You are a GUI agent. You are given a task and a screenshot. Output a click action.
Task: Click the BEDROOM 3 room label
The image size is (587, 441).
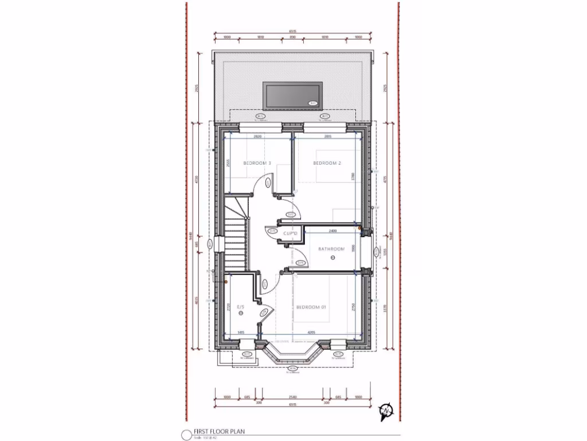click(x=257, y=164)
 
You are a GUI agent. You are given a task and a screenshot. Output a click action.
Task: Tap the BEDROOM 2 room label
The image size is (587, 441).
click(x=327, y=164)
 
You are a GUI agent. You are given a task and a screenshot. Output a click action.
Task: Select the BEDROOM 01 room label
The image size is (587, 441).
click(x=311, y=307)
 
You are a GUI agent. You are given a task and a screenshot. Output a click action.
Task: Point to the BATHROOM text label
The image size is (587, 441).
click(x=332, y=249)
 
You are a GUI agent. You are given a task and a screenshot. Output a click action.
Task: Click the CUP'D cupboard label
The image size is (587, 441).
click(x=290, y=234)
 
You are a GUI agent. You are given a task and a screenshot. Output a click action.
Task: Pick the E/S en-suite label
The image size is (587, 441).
click(x=240, y=307)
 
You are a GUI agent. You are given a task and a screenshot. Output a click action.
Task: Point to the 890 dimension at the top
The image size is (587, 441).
click(x=292, y=37)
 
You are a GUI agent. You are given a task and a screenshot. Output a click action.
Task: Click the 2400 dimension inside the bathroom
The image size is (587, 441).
click(x=332, y=231)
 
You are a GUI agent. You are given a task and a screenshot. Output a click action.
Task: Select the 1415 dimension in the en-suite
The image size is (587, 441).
click(x=241, y=332)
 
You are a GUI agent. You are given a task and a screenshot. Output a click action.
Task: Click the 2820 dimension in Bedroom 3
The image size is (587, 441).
click(x=258, y=137)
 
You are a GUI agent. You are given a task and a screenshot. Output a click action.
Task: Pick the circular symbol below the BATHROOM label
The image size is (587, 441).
click(x=332, y=259)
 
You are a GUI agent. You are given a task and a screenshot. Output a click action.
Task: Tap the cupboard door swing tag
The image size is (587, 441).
click(x=272, y=231)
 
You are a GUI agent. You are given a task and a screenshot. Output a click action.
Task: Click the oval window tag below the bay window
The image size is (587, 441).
click(x=292, y=368)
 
